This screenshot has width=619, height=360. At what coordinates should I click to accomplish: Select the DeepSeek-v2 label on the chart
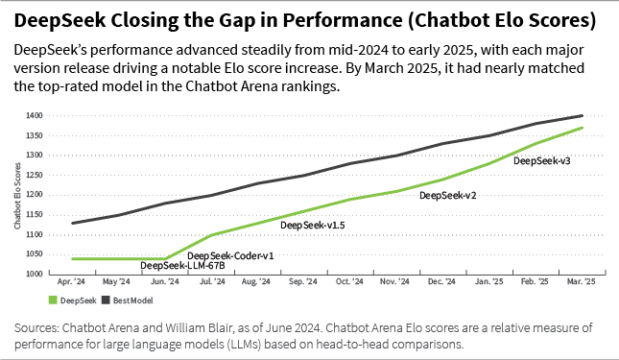[448, 195]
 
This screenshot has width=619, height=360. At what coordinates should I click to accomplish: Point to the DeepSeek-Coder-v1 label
[230, 255]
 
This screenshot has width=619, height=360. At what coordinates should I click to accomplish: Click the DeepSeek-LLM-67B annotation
[179, 266]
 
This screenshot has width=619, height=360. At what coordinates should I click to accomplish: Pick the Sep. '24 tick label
[304, 282]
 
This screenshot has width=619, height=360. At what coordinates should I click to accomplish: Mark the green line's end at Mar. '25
[582, 128]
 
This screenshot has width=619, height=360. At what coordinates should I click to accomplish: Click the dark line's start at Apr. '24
[73, 223]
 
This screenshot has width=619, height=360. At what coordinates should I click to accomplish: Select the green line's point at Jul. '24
[211, 234]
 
